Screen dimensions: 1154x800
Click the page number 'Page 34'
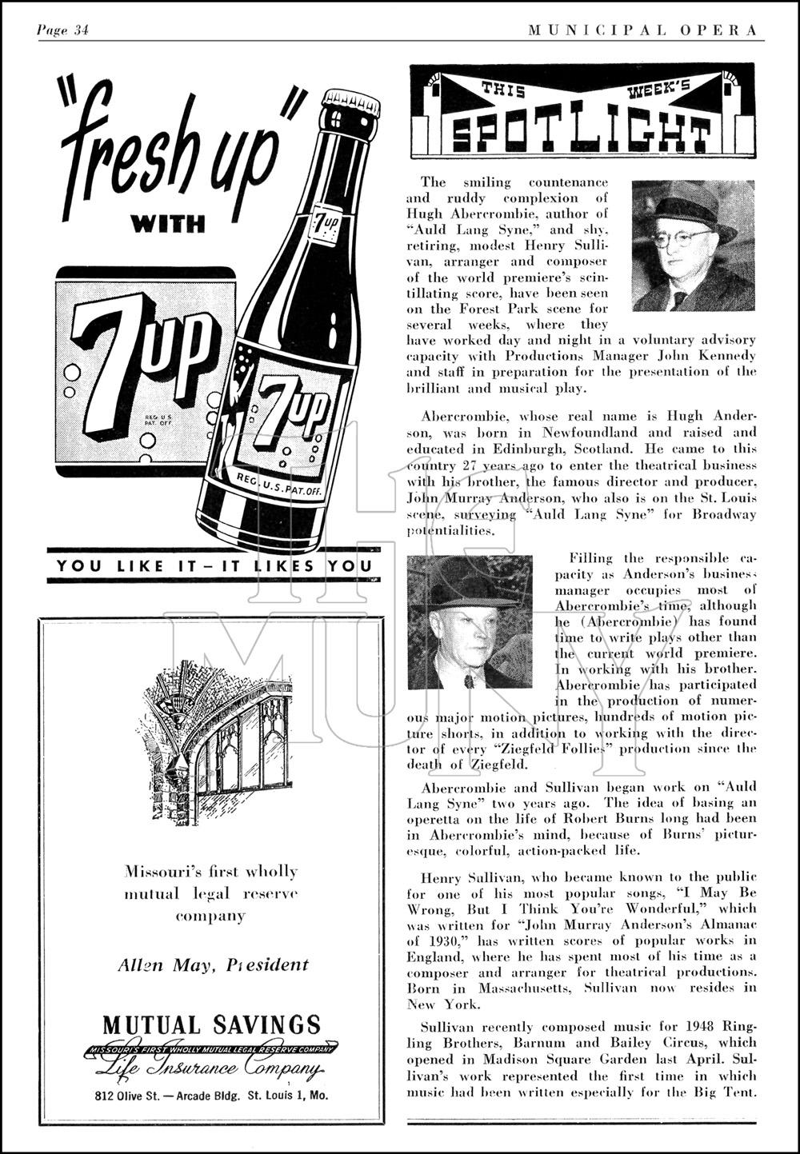[x=62, y=30]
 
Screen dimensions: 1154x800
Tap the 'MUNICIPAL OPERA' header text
[x=642, y=30]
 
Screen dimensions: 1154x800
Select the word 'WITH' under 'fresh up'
[x=169, y=224]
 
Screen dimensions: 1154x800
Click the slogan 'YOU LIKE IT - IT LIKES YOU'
[x=214, y=566]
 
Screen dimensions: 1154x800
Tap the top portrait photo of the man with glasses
[x=693, y=246]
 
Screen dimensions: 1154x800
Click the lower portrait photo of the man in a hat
[x=470, y=621]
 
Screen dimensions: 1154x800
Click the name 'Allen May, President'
[x=213, y=964]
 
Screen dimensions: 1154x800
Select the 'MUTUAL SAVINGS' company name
[x=211, y=1024]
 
